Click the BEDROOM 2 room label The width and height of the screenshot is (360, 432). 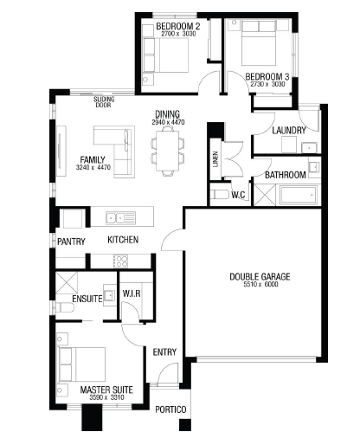tap(178, 26)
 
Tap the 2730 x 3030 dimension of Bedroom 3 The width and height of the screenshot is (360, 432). tap(267, 84)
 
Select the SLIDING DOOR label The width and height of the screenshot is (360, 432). tap(104, 102)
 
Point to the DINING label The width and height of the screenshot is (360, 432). tap(167, 114)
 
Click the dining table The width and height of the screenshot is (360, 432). tap(168, 151)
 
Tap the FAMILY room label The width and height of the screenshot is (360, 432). tap(93, 160)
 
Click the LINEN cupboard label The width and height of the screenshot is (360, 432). tap(215, 159)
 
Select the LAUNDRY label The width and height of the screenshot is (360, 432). tap(289, 131)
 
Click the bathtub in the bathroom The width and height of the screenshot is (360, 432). tap(299, 195)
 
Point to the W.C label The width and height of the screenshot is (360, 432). tap(238, 195)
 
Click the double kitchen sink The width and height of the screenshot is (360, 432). tap(120, 218)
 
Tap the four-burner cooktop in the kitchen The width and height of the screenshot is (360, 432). tap(120, 261)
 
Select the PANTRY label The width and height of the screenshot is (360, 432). tap(71, 242)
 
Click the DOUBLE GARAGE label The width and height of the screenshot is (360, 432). tap(260, 277)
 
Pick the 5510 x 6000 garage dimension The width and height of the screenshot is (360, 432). tap(260, 285)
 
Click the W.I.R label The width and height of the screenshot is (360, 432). tap(132, 293)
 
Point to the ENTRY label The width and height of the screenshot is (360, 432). tap(164, 352)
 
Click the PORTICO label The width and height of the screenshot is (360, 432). tap(170, 409)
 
